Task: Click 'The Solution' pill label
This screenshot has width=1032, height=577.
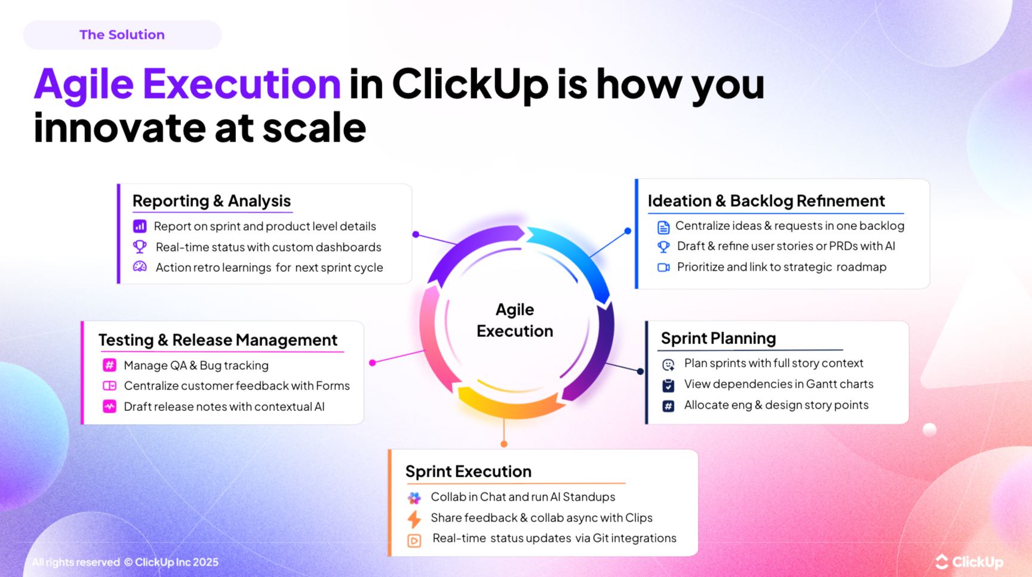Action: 122,35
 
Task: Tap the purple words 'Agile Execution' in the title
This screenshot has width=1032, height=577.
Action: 187,83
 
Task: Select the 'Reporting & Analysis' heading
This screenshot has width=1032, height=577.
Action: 211,201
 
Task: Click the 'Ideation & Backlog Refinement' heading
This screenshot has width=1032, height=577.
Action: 766,201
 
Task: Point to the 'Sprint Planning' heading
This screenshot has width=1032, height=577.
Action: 718,338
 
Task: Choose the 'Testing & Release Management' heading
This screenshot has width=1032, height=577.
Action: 218,340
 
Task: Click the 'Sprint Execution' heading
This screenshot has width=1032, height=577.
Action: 468,471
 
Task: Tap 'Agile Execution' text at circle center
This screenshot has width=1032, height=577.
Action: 514,320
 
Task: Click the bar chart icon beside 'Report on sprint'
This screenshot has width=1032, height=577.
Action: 140,226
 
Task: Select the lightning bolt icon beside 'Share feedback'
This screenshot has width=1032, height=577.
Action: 414,518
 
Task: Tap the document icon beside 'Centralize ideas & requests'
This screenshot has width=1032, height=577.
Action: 664,227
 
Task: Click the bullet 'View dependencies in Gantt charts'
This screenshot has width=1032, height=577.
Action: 778,384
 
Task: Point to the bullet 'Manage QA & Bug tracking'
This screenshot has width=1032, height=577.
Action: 196,366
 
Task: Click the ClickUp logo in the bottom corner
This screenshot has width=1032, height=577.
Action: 969,562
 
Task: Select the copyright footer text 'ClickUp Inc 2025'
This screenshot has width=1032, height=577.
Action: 176,562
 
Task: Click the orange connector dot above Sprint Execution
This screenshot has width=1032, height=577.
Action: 504,444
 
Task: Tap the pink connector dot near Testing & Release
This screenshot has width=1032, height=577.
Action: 373,363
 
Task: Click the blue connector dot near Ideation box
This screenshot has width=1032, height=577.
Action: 628,231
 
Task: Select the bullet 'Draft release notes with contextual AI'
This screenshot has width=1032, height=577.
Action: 224,407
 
